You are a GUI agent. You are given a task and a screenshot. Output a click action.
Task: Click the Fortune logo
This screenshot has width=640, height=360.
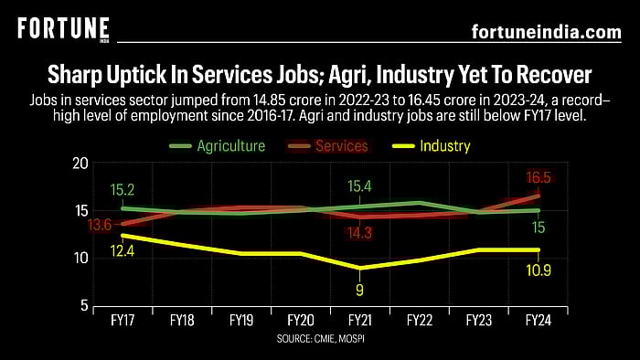[x=63, y=29]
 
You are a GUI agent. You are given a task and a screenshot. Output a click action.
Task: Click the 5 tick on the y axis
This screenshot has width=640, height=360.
[x=83, y=305]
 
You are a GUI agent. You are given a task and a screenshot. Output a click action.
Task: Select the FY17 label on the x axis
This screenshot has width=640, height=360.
[x=122, y=322]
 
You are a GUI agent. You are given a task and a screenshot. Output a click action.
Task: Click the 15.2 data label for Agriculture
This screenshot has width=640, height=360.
[x=123, y=189]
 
